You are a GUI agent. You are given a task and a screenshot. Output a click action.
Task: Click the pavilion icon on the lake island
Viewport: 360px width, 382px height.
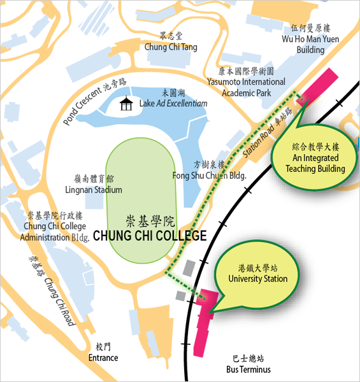(126, 103)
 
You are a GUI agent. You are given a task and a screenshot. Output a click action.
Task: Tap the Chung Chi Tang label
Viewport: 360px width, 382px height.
(171, 47)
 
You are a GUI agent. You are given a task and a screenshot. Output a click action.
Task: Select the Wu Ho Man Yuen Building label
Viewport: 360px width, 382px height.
(310, 45)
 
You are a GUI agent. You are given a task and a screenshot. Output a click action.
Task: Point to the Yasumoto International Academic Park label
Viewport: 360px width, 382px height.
(246, 87)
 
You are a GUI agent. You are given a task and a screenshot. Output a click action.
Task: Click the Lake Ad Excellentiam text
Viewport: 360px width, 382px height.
(173, 104)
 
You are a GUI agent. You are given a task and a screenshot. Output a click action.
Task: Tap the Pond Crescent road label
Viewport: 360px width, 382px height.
(82, 106)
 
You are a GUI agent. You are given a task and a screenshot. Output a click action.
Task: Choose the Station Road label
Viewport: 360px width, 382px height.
(258, 141)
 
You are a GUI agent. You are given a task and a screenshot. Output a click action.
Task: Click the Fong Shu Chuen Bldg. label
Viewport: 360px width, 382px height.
(210, 176)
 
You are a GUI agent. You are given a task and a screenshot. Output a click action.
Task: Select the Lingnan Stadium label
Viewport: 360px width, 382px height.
(94, 190)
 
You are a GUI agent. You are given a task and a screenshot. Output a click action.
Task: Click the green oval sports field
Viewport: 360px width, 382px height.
(141, 201)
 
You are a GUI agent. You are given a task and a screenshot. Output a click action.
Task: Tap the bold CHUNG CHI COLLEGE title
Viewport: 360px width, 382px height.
(150, 236)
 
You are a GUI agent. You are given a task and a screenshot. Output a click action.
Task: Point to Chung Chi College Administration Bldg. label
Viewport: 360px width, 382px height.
(55, 232)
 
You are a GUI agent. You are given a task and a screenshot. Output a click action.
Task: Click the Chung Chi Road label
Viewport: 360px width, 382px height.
(59, 302)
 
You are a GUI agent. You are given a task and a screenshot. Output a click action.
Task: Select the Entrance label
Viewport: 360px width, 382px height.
(103, 358)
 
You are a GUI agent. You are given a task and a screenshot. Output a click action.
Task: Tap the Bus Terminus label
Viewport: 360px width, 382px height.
(248, 369)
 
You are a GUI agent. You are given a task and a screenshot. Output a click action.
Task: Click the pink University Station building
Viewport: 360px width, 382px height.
(205, 322)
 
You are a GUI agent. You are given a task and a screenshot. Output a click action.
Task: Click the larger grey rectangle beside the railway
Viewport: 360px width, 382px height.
(189, 268)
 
